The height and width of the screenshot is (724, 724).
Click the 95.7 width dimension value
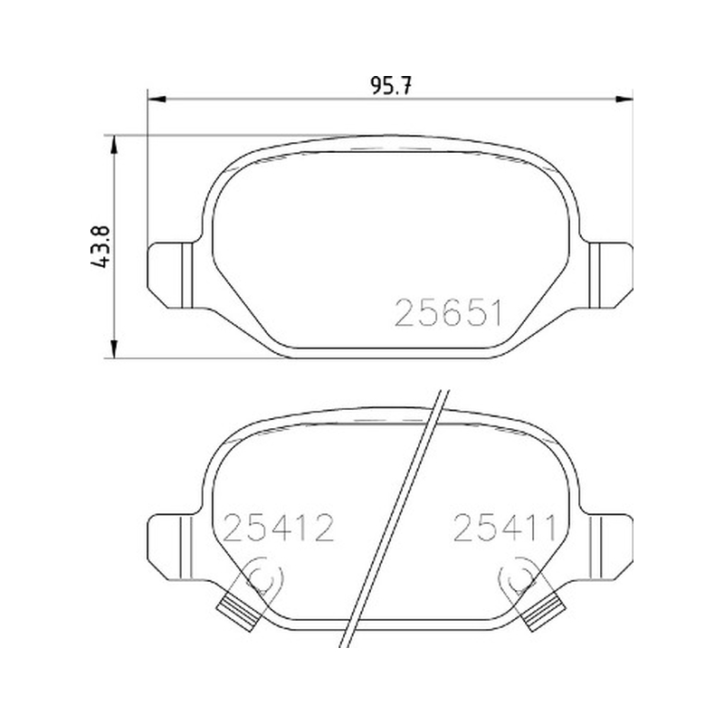[x=391, y=86]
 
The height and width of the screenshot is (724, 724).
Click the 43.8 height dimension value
[x=100, y=246]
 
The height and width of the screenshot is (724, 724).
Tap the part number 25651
[x=448, y=313]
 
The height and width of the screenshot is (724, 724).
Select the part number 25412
[x=279, y=528]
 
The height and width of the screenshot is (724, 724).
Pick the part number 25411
[x=505, y=528]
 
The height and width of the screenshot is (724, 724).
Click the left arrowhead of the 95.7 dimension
[x=157, y=99]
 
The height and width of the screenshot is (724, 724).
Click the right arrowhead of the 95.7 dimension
[x=624, y=99]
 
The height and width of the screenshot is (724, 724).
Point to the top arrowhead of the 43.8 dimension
[x=114, y=145]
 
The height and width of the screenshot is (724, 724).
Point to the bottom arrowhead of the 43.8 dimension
[x=114, y=348]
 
